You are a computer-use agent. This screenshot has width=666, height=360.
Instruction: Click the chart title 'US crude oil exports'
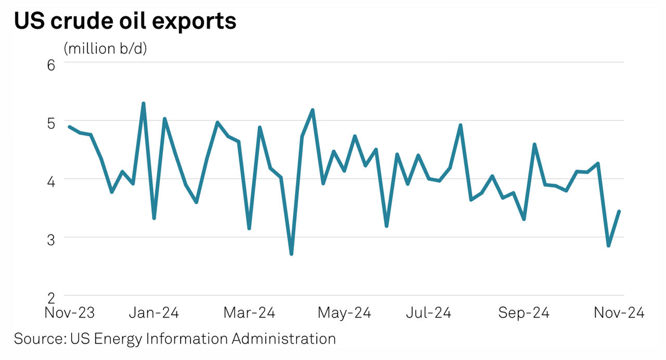tap(125, 21)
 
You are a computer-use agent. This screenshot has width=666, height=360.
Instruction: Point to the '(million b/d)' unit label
tap(105, 48)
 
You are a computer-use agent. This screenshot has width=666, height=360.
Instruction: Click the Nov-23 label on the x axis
tap(70, 313)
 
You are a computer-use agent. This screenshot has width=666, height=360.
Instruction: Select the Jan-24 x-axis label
tap(154, 313)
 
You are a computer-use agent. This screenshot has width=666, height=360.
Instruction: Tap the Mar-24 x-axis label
tap(249, 313)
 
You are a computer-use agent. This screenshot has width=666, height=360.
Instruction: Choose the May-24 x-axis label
tap(344, 313)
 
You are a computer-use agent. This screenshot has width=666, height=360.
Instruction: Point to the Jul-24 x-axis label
tap(428, 313)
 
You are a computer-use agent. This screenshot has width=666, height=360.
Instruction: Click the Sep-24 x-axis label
tap(523, 313)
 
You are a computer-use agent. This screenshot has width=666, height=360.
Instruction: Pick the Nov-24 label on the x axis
tap(619, 313)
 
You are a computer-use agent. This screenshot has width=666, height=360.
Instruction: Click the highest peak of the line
tap(143, 104)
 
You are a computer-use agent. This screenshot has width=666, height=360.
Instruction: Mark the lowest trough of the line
tap(291, 254)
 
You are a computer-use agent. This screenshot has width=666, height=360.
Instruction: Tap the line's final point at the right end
tap(619, 211)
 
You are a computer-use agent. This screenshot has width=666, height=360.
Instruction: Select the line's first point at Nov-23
tap(70, 126)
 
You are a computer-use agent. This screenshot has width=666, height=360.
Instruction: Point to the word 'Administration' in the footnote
tap(284, 339)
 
